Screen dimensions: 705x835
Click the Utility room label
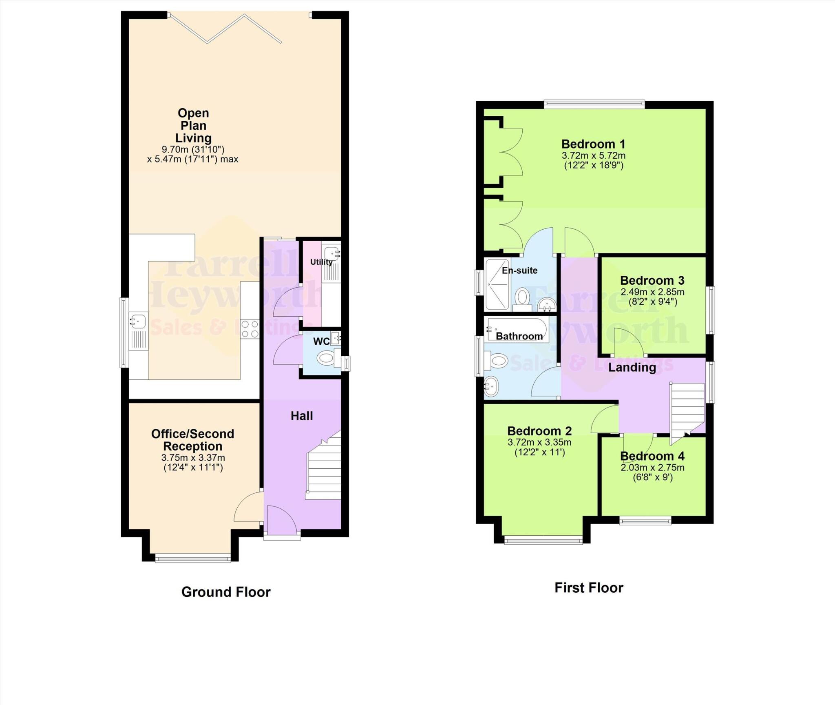click(321, 262)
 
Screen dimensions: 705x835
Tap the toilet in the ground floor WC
click(326, 359)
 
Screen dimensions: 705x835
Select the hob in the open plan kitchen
click(250, 329)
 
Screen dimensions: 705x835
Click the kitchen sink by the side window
click(138, 321)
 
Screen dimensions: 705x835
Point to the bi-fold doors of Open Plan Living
click(225, 29)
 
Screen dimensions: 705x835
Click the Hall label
click(302, 416)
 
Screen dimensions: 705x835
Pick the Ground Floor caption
click(225, 592)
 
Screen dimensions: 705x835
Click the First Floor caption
click(588, 587)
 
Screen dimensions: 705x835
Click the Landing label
click(632, 367)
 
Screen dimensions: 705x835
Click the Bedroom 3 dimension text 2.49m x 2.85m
click(652, 292)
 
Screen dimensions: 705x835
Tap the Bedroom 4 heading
click(652, 456)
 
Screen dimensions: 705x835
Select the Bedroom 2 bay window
click(543, 541)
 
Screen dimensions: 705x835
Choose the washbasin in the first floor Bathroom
click(491, 385)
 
